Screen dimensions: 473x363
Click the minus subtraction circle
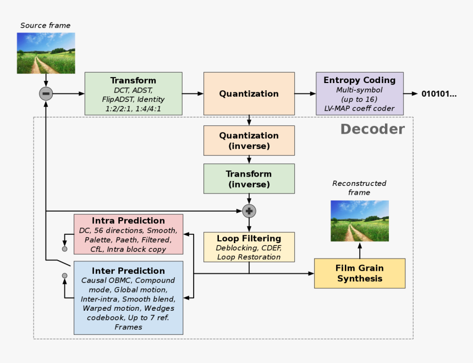click(46, 94)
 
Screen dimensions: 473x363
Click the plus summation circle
click(249, 211)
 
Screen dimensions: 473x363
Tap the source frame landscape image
click(46, 53)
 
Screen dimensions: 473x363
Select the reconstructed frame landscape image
click(360, 221)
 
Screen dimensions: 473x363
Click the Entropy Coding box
click(360, 94)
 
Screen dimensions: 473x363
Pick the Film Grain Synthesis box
click(360, 273)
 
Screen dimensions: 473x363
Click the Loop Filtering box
click(249, 247)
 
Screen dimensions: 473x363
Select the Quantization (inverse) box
click(249, 141)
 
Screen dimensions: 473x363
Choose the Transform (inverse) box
click(249, 179)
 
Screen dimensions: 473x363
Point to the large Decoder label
click(372, 129)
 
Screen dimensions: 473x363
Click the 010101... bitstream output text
click(439, 94)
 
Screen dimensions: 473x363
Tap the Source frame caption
click(45, 25)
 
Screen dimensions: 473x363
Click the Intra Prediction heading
click(128, 221)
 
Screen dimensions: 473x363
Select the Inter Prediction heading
click(128, 271)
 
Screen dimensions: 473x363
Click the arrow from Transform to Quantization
click(193, 94)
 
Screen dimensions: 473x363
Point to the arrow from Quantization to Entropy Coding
click(305, 94)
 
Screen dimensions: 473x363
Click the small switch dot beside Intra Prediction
click(64, 249)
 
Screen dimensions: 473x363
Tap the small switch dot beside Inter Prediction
click(64, 276)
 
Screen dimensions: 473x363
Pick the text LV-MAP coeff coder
click(359, 108)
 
